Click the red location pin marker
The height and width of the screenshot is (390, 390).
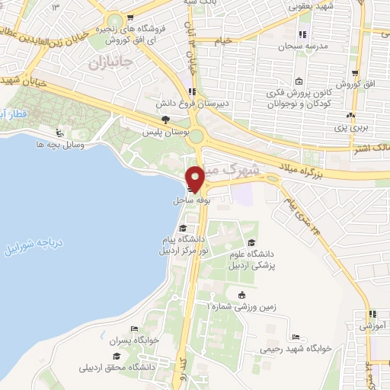tap(196, 177)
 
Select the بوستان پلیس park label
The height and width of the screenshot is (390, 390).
tap(166, 132)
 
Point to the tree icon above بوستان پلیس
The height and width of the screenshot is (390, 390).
tap(166, 120)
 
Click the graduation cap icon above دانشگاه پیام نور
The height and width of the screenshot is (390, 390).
tap(182, 228)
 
